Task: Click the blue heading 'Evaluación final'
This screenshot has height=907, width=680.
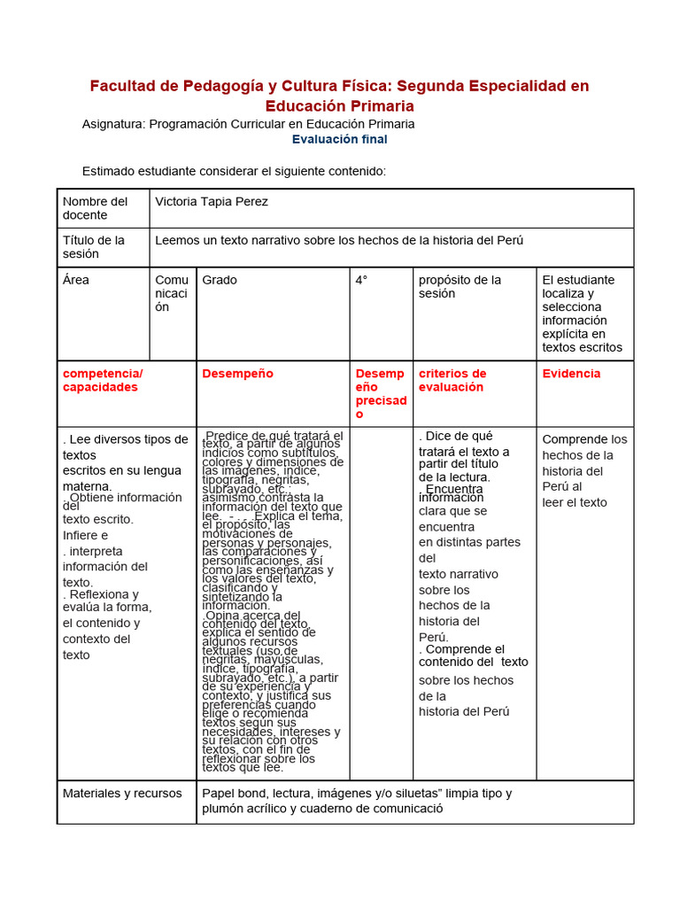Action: tap(339, 139)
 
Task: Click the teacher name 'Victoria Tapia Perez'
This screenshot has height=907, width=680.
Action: tap(212, 202)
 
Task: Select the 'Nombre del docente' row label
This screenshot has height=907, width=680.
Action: tap(95, 208)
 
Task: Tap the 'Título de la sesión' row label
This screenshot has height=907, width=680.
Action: tap(94, 247)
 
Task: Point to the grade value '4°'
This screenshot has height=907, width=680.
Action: tap(361, 280)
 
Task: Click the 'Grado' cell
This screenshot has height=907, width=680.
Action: tap(220, 280)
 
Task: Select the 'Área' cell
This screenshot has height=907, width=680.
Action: tap(76, 280)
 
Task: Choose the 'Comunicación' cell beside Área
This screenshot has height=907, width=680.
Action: tap(172, 293)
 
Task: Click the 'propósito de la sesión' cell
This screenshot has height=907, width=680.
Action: tap(460, 286)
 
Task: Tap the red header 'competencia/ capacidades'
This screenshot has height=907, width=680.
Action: tap(103, 380)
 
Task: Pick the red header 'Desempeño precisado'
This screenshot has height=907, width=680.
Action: tap(380, 393)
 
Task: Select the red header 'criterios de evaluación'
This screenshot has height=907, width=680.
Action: tap(452, 380)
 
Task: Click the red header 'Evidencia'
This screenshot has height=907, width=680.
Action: tap(571, 374)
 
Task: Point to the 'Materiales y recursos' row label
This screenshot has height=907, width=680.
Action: tap(122, 794)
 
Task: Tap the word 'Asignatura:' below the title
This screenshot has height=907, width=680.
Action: tap(113, 124)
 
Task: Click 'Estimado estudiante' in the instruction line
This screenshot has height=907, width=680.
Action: tap(136, 171)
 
